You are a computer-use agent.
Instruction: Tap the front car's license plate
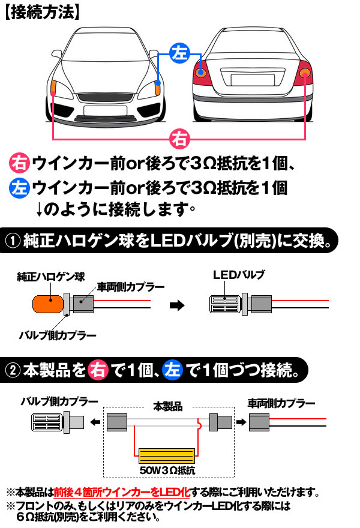coord(106,110)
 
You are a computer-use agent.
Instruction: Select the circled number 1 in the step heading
coord(13,241)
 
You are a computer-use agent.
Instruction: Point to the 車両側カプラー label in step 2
coord(281,403)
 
